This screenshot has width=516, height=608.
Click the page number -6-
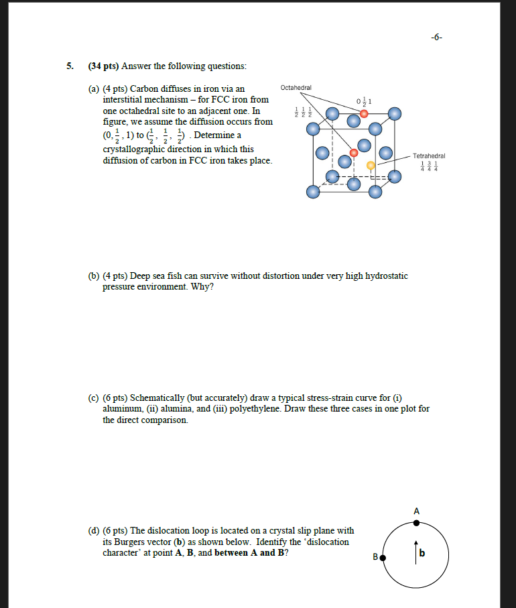pyautogui.click(x=436, y=38)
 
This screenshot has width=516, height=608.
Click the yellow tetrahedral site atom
pyautogui.click(x=371, y=165)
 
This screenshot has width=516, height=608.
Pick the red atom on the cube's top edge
pyautogui.click(x=364, y=114)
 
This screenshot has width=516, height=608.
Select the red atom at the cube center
pyautogui.click(x=354, y=151)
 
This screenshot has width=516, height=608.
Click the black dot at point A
pyautogui.click(x=416, y=524)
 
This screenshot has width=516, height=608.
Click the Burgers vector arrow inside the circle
pyautogui.click(x=415, y=548)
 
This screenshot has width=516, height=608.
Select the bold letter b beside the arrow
pyautogui.click(x=422, y=553)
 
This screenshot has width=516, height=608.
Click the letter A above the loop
pyautogui.click(x=416, y=511)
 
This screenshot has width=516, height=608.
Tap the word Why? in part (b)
pyautogui.click(x=202, y=287)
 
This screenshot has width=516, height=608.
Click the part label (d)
pyautogui.click(x=94, y=530)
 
